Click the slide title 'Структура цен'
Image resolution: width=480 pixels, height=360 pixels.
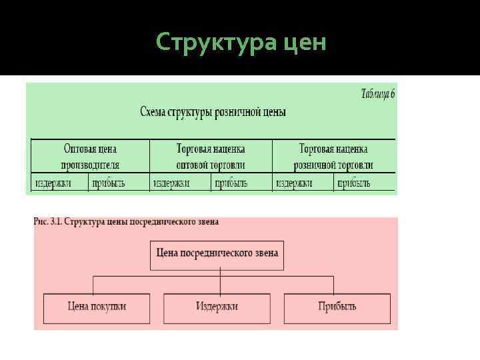[241, 43]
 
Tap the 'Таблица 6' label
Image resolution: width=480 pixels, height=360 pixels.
[378, 94]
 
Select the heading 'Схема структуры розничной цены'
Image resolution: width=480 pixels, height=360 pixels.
[213, 112]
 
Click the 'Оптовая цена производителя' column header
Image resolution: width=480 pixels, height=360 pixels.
[90, 157]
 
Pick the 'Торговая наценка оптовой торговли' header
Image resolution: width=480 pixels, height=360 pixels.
[211, 157]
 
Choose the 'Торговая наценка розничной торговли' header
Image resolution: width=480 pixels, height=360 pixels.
[333, 157]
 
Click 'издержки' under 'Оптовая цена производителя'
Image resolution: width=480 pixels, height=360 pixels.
[53, 183]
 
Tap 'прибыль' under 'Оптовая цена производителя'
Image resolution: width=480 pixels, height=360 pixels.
[109, 183]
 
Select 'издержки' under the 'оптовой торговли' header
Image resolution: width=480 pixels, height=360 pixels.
[171, 183]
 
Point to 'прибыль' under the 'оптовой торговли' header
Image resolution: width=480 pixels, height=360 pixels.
[231, 183]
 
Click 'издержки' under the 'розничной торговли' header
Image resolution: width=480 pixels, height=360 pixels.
[294, 183]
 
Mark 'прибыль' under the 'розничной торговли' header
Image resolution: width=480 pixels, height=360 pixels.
[353, 183]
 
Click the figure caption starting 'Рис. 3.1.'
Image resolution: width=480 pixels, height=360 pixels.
[126, 221]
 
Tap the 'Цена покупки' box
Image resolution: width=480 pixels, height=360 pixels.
[97, 307]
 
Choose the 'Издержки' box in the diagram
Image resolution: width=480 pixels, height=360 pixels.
[217, 307]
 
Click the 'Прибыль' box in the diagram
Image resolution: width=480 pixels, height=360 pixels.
[337, 307]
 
